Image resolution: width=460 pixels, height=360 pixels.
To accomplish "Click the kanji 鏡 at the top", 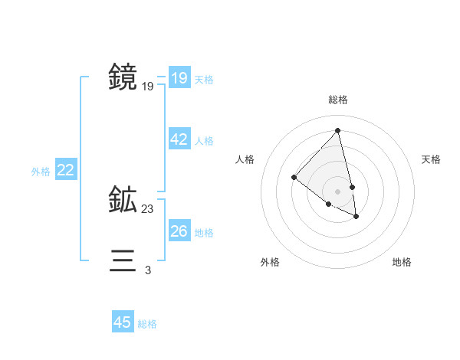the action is tap(123, 77).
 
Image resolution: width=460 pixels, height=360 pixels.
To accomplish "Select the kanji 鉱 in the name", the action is tap(123, 200).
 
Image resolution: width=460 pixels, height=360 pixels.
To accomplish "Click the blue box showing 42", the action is tap(179, 139).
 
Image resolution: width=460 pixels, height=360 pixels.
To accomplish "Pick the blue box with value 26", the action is tap(179, 231).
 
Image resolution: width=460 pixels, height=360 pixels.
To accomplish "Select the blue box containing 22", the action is tap(65, 170).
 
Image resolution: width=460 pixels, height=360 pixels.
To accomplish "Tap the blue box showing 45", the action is tap(122, 322).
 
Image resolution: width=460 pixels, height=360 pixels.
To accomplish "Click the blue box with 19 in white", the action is tap(179, 78).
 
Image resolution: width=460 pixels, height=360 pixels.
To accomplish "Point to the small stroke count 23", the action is tap(148, 208).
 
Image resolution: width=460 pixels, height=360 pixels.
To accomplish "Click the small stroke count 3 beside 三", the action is tap(148, 270).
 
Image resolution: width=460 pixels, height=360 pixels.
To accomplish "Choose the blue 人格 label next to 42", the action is tap(204, 141).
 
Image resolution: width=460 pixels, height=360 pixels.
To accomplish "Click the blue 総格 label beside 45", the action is tap(147, 324).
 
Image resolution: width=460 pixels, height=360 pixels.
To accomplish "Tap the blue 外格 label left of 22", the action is tap(41, 172).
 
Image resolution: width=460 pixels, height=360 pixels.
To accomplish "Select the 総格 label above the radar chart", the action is tap(338, 100).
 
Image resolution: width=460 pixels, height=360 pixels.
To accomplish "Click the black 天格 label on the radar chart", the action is tap(431, 159).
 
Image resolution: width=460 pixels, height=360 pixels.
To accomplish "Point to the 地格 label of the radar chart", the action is tap(402, 262).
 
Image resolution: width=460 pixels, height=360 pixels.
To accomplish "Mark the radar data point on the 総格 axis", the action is tap(338, 130).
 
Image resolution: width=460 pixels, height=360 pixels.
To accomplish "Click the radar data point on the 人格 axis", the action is tap(294, 178).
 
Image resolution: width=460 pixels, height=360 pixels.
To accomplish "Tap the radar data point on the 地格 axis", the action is tap(356, 217).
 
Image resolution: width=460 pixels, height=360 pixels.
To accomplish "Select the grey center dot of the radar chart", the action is tap(338, 191).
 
